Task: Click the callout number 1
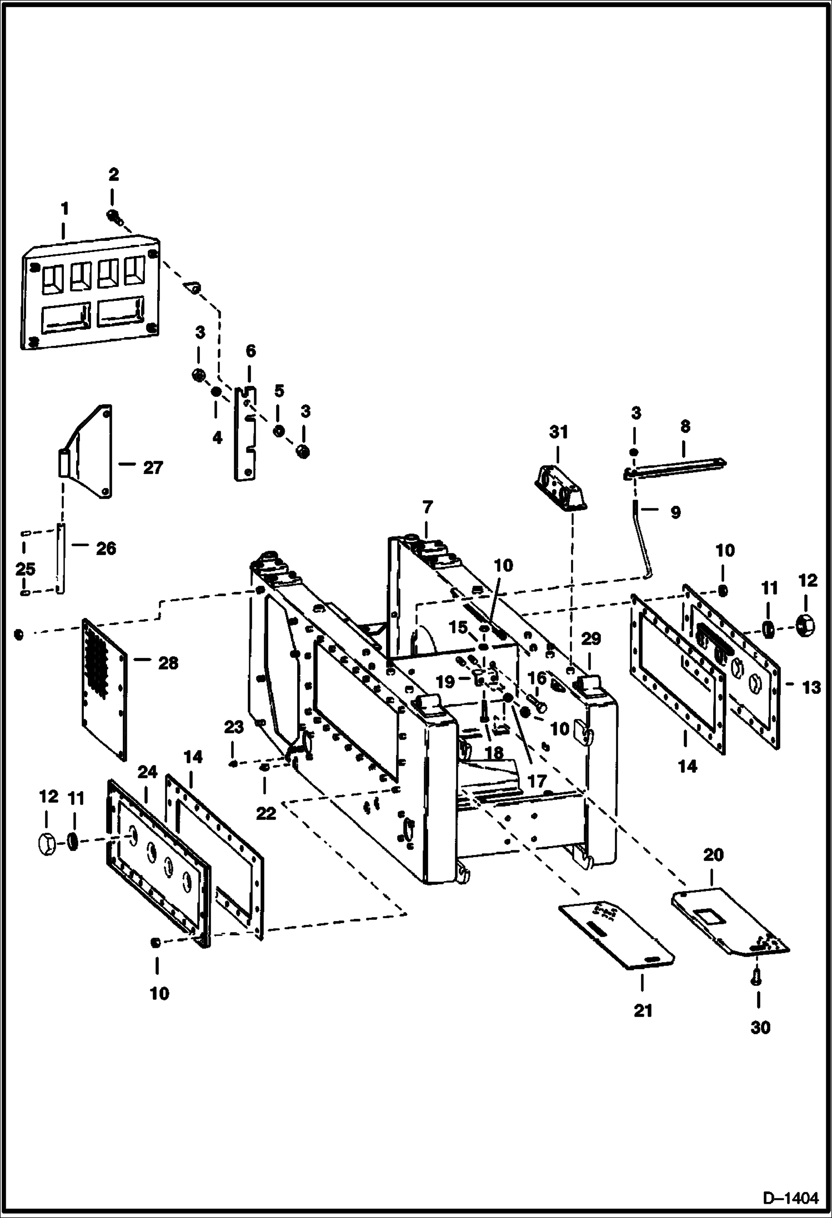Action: [x=65, y=209]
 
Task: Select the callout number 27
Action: [x=153, y=468]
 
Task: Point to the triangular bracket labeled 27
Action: [x=89, y=452]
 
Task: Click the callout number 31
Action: [x=558, y=431]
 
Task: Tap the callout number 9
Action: [x=675, y=512]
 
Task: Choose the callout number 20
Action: [x=713, y=855]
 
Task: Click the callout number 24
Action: [x=148, y=772]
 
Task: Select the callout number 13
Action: [x=811, y=687]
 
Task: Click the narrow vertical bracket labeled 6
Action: [x=245, y=434]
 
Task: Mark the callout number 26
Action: [x=106, y=548]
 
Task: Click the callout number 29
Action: [x=591, y=639]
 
